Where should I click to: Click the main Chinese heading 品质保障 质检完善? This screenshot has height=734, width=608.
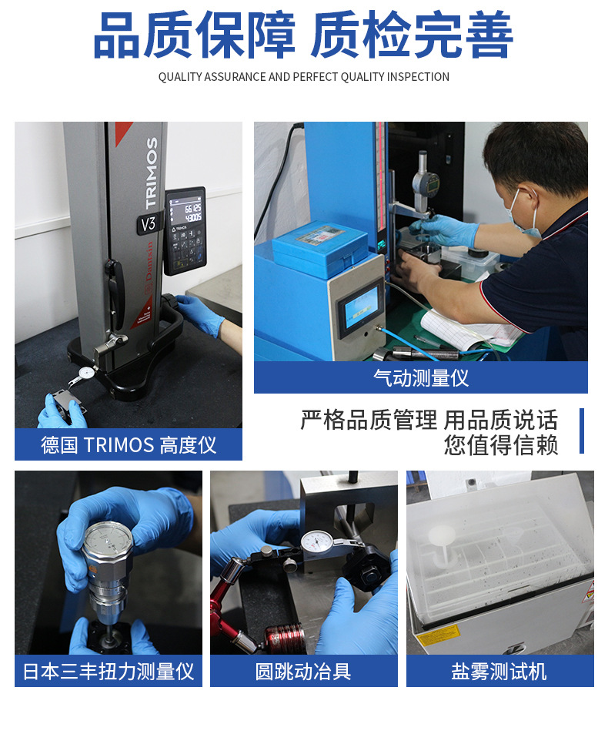coord(303,35)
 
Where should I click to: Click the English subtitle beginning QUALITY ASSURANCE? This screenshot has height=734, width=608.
coord(303,77)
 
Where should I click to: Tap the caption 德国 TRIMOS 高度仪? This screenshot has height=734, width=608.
coord(129,444)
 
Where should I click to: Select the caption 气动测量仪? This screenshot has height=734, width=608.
coord(421,377)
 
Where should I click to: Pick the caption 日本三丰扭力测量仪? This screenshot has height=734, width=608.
coord(109,672)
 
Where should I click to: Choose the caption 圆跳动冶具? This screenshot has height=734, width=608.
coord(303,672)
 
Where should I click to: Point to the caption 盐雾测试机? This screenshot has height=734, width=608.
coord(499,672)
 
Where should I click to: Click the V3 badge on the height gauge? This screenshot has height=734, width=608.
coord(149,224)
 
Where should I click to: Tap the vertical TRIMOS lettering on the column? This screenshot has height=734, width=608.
coord(151,173)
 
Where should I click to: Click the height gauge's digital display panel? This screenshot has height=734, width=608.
coord(185,230)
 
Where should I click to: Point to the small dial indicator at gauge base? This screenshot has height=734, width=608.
coord(87,373)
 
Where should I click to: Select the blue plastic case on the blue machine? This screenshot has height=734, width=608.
coord(320,248)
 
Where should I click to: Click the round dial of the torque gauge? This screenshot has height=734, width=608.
coord(107,541)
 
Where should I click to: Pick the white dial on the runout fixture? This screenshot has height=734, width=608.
coord(316,542)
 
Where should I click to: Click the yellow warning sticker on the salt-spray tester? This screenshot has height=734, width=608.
coord(438,635)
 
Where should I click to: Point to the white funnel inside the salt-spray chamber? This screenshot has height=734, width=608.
coord(442,543)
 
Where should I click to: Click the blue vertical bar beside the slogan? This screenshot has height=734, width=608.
coord(582,431)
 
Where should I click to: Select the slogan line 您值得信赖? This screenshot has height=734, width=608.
coord(501,444)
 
